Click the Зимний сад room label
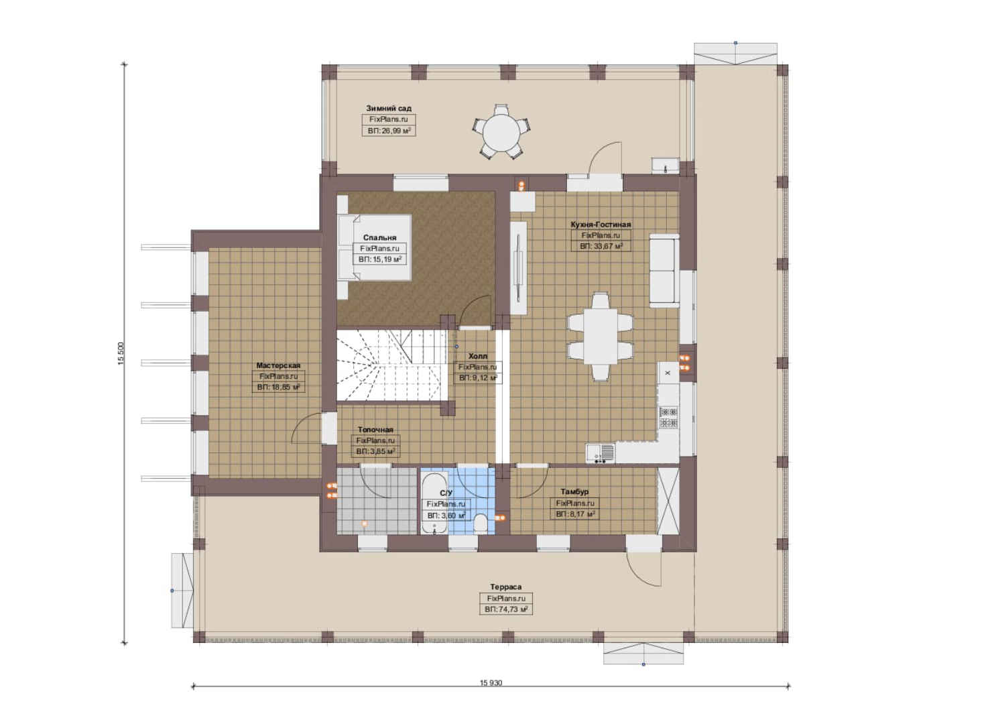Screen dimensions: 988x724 pyautogui.click(x=389, y=108)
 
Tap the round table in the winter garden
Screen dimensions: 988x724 pyautogui.click(x=501, y=131)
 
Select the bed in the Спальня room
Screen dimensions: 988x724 pyautogui.click(x=375, y=247)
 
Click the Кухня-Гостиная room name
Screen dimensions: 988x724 pyautogui.click(x=601, y=225)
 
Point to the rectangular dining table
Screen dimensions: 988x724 pyautogui.click(x=601, y=336)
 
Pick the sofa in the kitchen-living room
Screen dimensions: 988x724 pyautogui.click(x=664, y=270)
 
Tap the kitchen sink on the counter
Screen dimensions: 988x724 pyautogui.click(x=601, y=452)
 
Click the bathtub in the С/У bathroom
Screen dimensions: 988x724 pyautogui.click(x=434, y=503)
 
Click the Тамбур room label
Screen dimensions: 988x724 pyautogui.click(x=574, y=491)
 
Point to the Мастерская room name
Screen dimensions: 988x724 pyautogui.click(x=278, y=365)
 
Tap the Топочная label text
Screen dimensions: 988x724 pyautogui.click(x=375, y=429)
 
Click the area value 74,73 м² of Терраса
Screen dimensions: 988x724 pyautogui.click(x=506, y=609)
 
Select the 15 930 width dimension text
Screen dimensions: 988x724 pyautogui.click(x=491, y=683)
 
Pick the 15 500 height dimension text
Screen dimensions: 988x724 pyautogui.click(x=121, y=354)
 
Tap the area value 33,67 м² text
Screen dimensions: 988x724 pyautogui.click(x=601, y=246)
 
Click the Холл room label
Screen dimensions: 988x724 pyautogui.click(x=478, y=355)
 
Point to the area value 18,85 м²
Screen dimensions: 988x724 pyautogui.click(x=278, y=387)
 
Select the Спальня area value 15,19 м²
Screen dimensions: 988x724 pyautogui.click(x=380, y=259)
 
